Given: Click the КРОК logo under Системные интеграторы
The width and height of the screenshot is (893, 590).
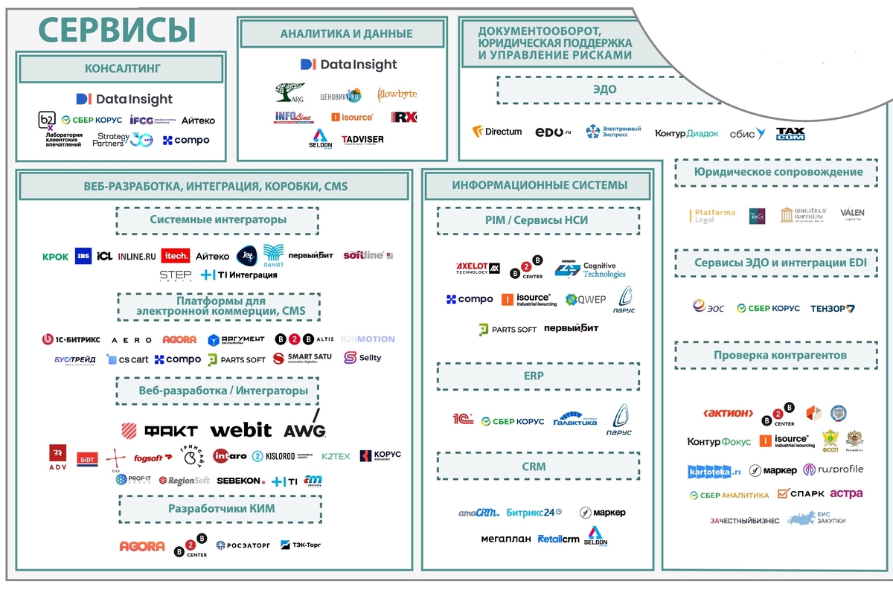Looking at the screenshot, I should coord(55,257).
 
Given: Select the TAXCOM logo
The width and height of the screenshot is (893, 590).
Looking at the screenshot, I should coord(790,134).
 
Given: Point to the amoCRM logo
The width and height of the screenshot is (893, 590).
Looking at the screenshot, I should coord(478,513).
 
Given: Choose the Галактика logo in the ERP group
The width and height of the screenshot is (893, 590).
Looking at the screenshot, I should coord(575,419).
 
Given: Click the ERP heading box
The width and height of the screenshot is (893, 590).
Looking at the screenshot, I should coord(537,376).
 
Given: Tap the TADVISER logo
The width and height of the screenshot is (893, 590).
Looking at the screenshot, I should coord(362,139).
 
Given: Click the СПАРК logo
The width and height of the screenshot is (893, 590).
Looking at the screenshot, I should coord(801,493).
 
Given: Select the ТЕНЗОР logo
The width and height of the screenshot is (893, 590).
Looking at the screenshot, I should coord(833,308).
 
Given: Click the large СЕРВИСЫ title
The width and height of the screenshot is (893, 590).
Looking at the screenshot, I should coord(118,29).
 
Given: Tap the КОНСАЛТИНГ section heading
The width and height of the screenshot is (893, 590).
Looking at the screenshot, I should coord(123,69).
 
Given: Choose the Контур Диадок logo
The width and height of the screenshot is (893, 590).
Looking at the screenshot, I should coord(686,134).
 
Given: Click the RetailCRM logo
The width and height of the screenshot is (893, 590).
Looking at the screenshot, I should coord(558,539).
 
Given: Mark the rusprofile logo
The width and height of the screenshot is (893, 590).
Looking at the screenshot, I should coord(836,469).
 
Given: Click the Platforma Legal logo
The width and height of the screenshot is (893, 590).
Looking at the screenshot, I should coord(712,216).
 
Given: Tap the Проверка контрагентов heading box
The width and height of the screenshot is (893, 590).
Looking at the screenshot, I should coord(779,355).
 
